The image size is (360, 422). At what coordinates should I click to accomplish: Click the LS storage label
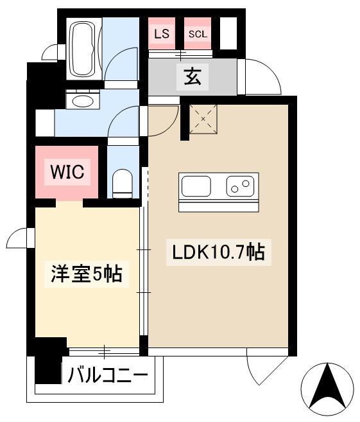162,34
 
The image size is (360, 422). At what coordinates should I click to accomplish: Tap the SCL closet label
198,34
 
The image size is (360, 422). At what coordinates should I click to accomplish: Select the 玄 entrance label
193,77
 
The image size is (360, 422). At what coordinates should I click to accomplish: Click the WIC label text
67,172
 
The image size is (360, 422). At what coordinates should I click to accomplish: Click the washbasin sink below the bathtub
81,101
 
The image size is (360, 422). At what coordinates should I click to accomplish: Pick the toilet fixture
122,183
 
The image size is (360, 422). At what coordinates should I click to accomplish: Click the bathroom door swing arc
121,64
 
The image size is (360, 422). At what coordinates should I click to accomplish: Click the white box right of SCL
228,33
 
